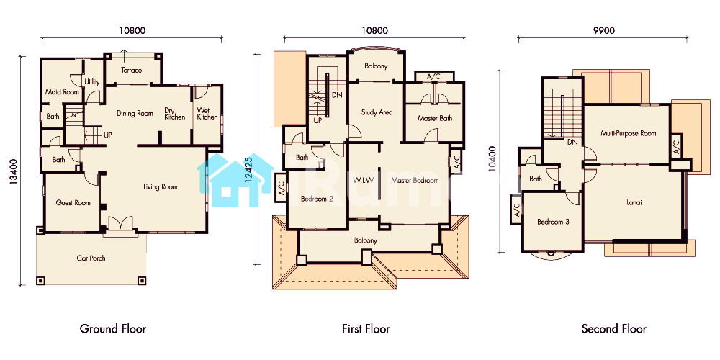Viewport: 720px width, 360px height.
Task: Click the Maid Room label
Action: click(x=62, y=92)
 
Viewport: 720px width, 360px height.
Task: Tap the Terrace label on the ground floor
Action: click(x=131, y=71)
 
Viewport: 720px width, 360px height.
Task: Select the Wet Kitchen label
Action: click(x=207, y=114)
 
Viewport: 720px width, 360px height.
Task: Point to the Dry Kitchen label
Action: click(x=175, y=114)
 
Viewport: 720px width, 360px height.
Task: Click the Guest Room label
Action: click(x=73, y=202)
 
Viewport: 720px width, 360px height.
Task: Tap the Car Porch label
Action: click(x=91, y=258)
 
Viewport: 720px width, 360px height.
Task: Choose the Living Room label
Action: click(x=161, y=187)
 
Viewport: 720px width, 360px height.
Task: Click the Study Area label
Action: click(x=377, y=112)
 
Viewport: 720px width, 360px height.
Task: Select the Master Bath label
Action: click(x=435, y=118)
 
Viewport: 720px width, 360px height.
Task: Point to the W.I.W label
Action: click(x=364, y=181)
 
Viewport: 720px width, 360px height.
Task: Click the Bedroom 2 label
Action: click(x=317, y=199)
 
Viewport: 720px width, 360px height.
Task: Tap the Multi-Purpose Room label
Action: click(x=628, y=134)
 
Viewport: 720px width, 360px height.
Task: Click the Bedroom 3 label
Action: click(x=553, y=222)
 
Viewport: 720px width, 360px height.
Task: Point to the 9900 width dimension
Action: click(x=604, y=30)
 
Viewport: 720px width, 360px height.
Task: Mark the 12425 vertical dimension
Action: click(x=248, y=171)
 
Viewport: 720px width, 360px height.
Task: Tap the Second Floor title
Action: click(x=614, y=329)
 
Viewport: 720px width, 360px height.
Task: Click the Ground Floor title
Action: click(x=113, y=329)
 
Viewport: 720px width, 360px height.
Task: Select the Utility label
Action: click(x=92, y=82)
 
